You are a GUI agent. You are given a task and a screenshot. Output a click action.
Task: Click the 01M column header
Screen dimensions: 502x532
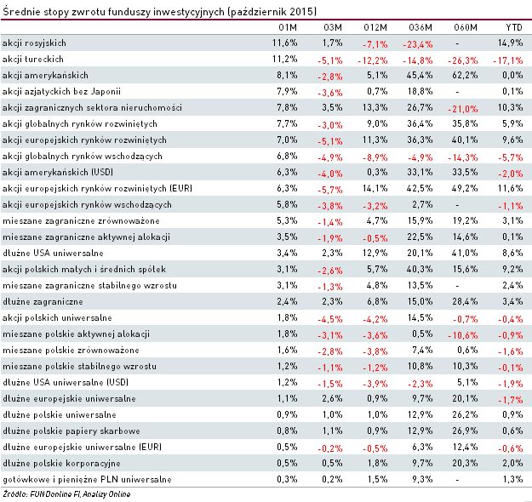[288, 26]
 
